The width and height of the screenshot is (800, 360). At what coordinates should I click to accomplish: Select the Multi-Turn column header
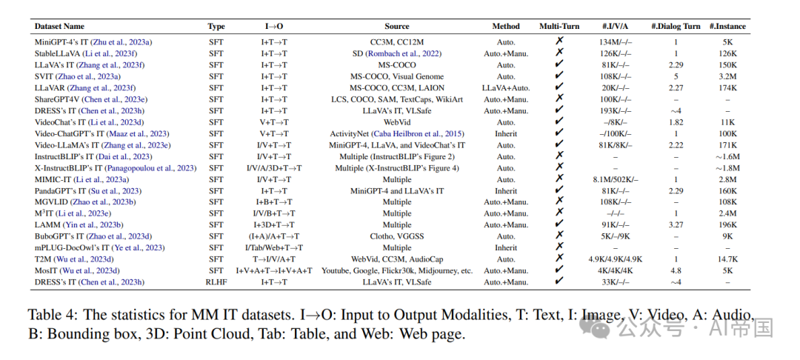559,27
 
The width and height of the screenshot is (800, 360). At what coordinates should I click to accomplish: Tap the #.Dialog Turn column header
675,27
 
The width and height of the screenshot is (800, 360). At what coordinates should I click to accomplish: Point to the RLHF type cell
216,281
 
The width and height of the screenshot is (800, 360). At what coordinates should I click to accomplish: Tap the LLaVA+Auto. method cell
505,87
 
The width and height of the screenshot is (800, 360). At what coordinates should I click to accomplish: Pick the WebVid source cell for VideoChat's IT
396,121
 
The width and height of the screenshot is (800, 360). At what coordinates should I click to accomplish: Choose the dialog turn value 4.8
675,270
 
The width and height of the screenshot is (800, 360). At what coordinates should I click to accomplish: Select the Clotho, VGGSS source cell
396,236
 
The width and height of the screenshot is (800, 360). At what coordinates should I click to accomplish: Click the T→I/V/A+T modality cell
273,259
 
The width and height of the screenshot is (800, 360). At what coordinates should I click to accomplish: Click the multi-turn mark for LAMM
559,224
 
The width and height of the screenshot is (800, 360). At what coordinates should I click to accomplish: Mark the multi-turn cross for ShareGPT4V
559,99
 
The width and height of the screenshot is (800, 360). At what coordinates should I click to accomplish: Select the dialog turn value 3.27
675,224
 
